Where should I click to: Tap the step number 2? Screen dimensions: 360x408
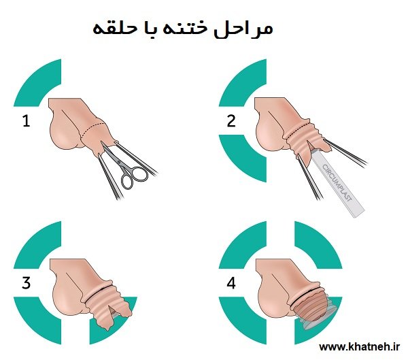tap(231, 122)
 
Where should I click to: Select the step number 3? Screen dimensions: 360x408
tap(27, 284)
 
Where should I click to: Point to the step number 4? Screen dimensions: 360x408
tap(231, 284)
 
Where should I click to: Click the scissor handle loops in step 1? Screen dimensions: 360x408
tap(133, 177)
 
